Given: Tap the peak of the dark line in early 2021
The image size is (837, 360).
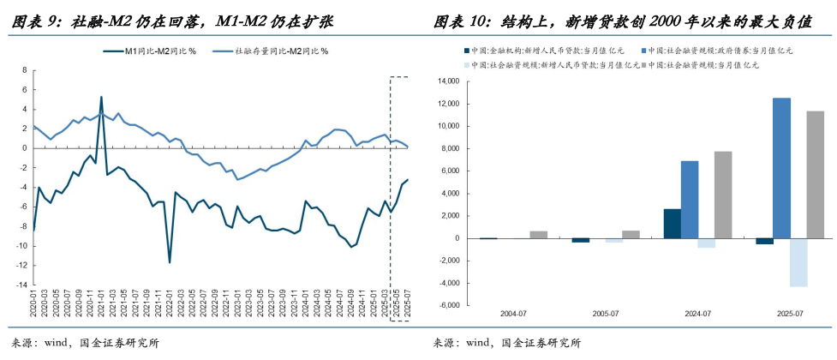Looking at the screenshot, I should coord(101,98).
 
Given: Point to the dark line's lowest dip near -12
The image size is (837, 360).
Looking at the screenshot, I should coord(170,261).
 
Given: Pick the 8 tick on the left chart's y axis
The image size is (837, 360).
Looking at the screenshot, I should coord(26,69).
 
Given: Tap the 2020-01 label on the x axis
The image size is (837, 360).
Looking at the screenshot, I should coord(33,304).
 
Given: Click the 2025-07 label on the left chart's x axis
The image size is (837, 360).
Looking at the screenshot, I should coord(406,304).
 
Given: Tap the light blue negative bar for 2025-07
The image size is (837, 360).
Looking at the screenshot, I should coord(798,262).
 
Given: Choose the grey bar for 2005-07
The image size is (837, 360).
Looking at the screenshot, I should coord(631,234).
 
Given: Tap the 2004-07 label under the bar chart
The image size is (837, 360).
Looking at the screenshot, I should coord(511,314).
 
